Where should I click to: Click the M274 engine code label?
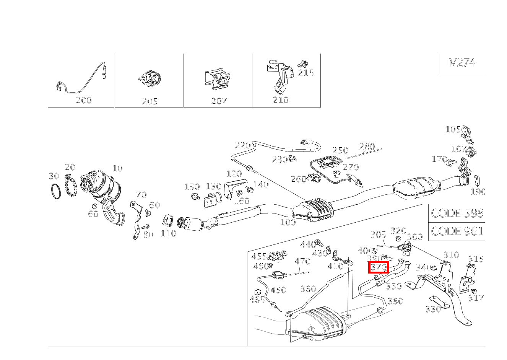coord(461,62)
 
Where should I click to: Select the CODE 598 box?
coord(457,213)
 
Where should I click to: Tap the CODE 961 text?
coord(457,231)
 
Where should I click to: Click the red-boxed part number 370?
coord(378,267)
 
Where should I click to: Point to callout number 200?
coord(84,100)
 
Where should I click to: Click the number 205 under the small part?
coord(149,101)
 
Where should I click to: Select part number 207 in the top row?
coord(219,101)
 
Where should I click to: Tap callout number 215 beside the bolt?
coord(306,72)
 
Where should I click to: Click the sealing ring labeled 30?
coord(56,192)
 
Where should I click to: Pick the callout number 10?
coord(117,168)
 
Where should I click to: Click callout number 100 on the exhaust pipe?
coord(288,222)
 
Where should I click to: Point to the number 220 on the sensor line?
coord(242,145)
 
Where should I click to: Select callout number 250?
coord(340,150)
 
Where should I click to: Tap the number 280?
coord(367,147)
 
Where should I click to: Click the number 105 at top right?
coord(453,129)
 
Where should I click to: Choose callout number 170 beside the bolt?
coord(439,159)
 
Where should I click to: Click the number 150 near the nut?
coord(192,187)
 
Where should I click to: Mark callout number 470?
coord(302,262)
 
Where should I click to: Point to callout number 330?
coord(433,309)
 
